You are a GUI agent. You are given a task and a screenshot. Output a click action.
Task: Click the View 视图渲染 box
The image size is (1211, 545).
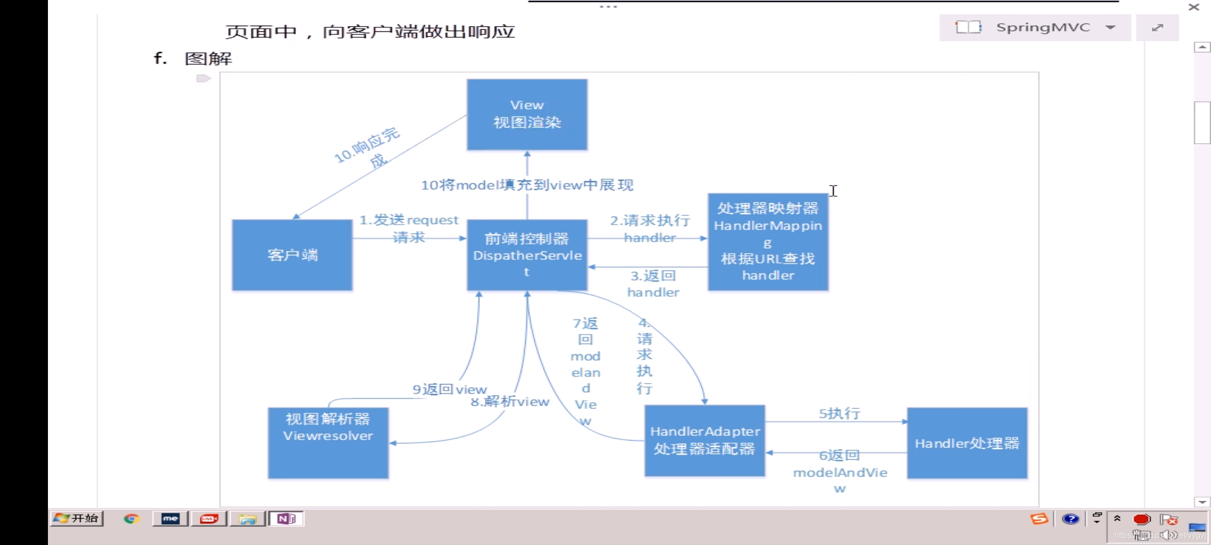(x=527, y=114)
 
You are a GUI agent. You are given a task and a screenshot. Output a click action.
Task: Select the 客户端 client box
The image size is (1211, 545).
(x=292, y=255)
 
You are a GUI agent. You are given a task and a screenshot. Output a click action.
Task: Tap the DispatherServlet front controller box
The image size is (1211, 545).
(x=527, y=255)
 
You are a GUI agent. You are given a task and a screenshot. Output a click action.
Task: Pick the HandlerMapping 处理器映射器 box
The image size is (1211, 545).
(x=767, y=242)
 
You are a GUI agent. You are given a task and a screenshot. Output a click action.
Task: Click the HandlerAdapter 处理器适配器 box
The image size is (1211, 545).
(x=704, y=441)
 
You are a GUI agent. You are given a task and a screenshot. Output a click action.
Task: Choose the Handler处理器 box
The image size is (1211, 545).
(x=967, y=443)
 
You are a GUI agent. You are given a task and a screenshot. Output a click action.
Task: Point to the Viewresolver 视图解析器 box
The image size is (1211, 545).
(x=328, y=443)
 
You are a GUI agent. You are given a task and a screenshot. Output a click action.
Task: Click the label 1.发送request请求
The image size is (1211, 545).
(x=409, y=228)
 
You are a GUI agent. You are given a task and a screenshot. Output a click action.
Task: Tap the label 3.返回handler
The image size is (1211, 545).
(x=653, y=284)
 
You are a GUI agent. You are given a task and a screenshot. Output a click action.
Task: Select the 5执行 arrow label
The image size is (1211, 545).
(x=839, y=413)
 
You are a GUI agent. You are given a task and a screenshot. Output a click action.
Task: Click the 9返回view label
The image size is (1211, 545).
(x=450, y=389)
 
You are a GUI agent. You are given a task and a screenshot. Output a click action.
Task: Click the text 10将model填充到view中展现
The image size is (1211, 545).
(x=527, y=185)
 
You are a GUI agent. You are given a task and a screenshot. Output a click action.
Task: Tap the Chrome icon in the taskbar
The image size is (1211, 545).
(x=132, y=519)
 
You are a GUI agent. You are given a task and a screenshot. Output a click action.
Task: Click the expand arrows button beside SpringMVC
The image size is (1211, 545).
(x=1157, y=27)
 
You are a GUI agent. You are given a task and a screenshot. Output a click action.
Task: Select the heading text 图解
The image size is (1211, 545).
(x=208, y=59)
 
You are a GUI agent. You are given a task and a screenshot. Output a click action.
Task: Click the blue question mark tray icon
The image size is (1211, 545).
(x=1070, y=519)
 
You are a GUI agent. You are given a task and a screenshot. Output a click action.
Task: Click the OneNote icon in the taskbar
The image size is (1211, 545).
(x=286, y=519)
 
